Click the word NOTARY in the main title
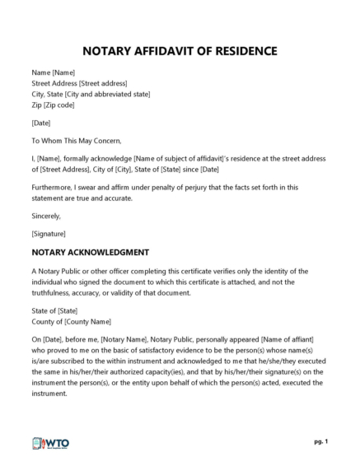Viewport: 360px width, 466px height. [110, 51]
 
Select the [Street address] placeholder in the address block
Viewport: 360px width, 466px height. [104, 83]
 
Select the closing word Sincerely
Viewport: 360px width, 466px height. [46, 216]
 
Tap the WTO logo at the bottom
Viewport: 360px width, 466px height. [51, 443]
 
